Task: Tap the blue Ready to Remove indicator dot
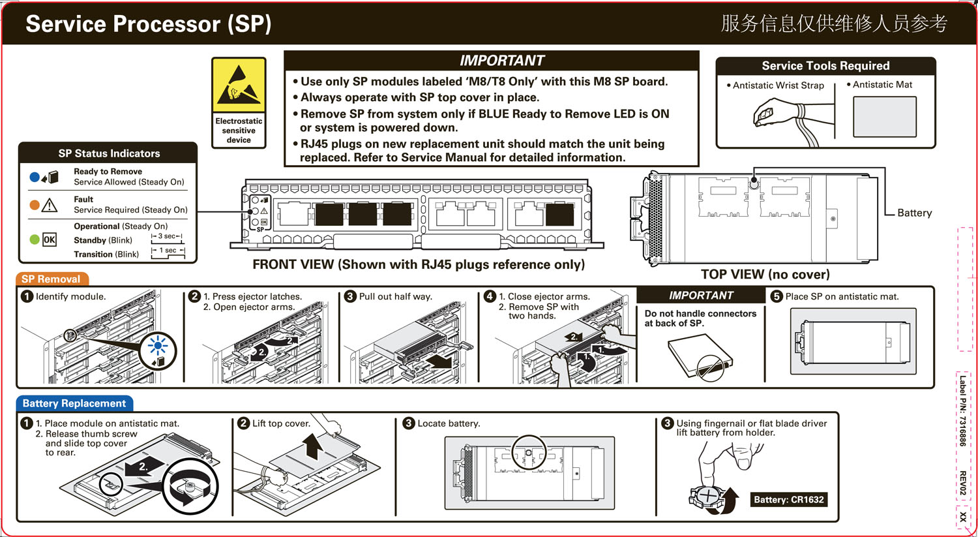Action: pyautogui.click(x=35, y=177)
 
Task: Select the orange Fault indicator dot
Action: pyautogui.click(x=35, y=205)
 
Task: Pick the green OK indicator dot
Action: pyautogui.click(x=35, y=239)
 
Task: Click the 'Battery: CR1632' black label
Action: pyautogui.click(x=789, y=500)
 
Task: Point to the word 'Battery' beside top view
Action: pyautogui.click(x=914, y=213)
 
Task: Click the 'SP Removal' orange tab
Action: pyautogui.click(x=51, y=279)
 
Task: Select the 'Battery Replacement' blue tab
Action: pyautogui.click(x=74, y=403)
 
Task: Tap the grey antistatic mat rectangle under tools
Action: pyautogui.click(x=884, y=117)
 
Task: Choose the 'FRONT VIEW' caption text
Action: pyautogui.click(x=418, y=264)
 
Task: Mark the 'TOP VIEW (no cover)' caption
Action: pyautogui.click(x=765, y=275)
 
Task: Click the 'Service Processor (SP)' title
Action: pyautogui.click(x=149, y=24)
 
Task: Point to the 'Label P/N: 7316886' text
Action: pyautogui.click(x=962, y=411)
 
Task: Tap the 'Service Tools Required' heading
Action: pyautogui.click(x=825, y=66)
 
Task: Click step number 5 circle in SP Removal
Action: pyautogui.click(x=777, y=296)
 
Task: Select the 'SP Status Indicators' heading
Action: pyautogui.click(x=109, y=153)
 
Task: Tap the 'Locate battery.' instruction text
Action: pyautogui.click(x=449, y=423)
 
